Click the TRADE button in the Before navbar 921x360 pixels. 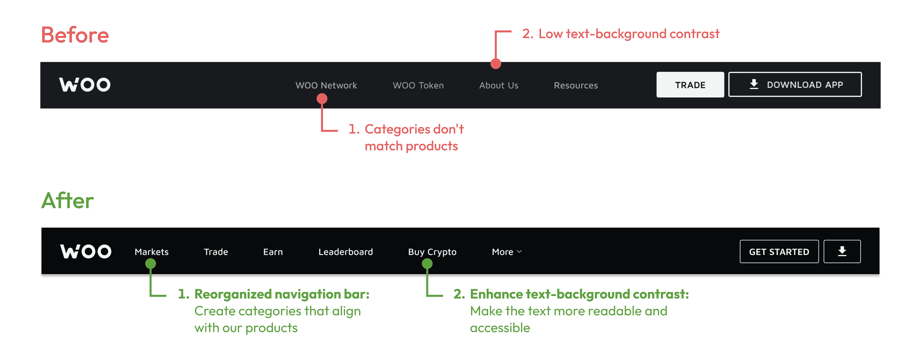pyautogui.click(x=690, y=85)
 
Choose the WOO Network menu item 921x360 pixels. pyautogui.click(x=326, y=86)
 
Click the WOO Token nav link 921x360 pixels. pyautogui.click(x=418, y=86)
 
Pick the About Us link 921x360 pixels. pyautogui.click(x=498, y=86)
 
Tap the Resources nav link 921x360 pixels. pyautogui.click(x=575, y=86)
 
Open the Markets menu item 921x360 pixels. pyautogui.click(x=151, y=252)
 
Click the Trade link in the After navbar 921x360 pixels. pyautogui.click(x=216, y=252)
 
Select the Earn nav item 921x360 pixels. pyautogui.click(x=273, y=252)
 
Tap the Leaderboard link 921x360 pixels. pyautogui.click(x=345, y=252)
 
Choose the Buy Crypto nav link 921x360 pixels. pyautogui.click(x=432, y=252)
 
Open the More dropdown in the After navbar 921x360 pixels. pyautogui.click(x=506, y=252)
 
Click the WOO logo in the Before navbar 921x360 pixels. pyautogui.click(x=85, y=85)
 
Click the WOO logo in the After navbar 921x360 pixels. pyautogui.click(x=86, y=252)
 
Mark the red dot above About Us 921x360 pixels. pyautogui.click(x=495, y=64)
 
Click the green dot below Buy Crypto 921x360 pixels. pyautogui.click(x=427, y=264)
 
